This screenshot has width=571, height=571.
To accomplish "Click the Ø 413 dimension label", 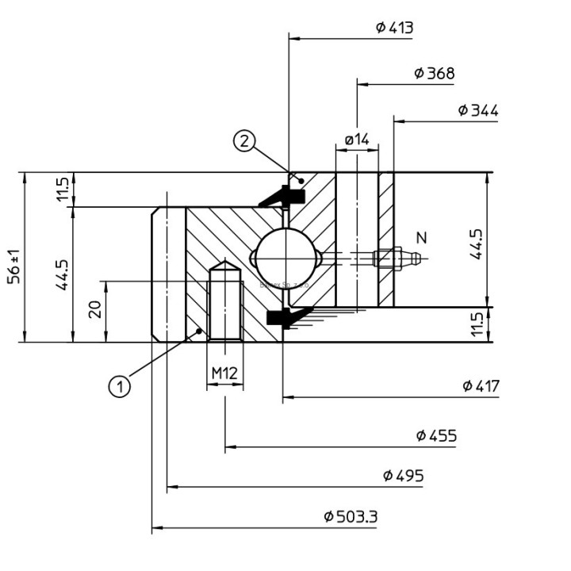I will point(394,28).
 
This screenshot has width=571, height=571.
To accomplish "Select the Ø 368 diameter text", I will point(434,74).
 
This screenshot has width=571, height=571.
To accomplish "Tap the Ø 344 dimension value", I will point(477,110).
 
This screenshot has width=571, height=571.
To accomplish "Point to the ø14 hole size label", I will point(357,140).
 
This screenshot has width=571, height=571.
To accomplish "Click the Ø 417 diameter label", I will point(481,385).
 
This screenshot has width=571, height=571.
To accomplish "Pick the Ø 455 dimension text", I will point(435,435).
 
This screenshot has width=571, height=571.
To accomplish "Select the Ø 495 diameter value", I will point(403,476).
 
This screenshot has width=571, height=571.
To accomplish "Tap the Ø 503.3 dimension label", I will point(351,517).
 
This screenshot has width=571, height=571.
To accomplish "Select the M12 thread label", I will point(224,372).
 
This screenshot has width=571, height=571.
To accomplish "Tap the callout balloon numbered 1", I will point(120,386).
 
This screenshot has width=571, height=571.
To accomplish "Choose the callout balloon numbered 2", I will point(244,141).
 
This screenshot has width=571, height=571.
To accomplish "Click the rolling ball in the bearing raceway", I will point(283,258).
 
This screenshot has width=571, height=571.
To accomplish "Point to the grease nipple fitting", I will point(397,258).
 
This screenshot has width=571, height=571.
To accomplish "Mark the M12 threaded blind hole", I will point(224,305).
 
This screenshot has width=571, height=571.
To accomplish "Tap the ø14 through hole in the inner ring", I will point(357,238).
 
